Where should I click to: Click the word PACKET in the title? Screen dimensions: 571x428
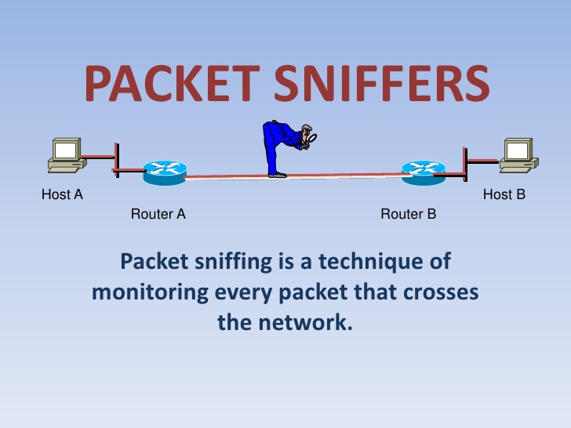pos(172,83)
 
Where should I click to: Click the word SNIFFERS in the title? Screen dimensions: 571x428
pos(382,83)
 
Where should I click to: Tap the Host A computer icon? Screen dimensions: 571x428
pos(67,155)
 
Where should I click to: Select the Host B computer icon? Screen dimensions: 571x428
pos(519,155)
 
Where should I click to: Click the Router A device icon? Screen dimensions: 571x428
pos(165,173)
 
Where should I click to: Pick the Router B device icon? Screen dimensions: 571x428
pos(424,173)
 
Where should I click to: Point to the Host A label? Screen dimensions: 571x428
pos(62,194)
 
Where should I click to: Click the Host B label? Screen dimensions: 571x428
pos(504,194)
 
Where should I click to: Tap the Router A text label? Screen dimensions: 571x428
pos(158,214)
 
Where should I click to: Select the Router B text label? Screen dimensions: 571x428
pos(408,214)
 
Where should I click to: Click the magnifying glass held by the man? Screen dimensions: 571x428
pos(311,139)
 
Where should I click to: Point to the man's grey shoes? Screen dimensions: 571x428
pos(278,176)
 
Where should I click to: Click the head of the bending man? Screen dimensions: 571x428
pos(307,131)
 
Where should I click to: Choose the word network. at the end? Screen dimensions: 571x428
pos(306,322)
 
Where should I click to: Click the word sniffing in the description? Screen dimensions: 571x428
pos(234,262)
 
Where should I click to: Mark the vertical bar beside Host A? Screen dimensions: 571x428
pos(117,160)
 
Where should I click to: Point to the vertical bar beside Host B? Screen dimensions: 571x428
pos(465,164)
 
